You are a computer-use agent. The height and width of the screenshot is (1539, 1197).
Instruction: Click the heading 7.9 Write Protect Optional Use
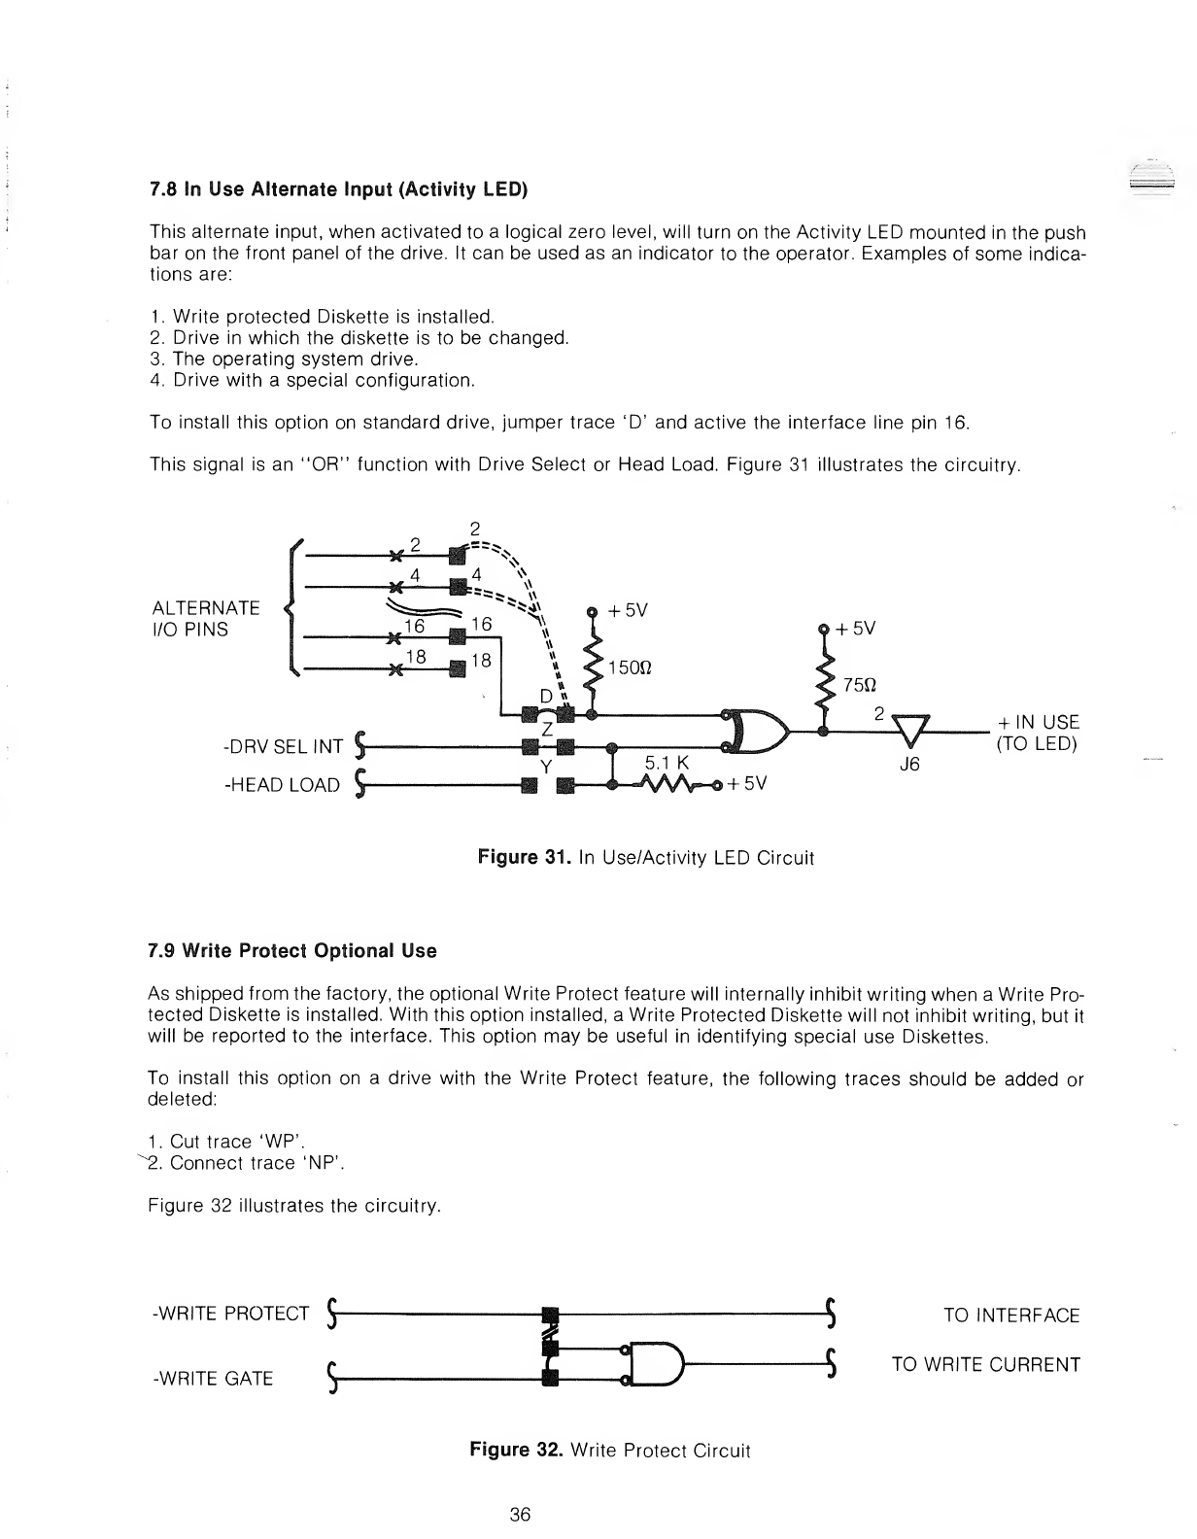coord(292,951)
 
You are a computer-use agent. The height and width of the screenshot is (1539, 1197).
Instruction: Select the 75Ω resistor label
coord(860,683)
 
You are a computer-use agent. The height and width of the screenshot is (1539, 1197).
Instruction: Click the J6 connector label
coord(909,764)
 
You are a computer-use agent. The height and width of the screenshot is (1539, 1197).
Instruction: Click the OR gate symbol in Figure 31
coord(758,732)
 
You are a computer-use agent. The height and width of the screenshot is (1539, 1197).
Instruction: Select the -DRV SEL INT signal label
coord(283,747)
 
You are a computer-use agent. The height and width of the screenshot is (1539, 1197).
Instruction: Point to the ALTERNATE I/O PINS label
coord(206,619)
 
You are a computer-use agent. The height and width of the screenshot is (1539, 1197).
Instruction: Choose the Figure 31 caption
coord(645,858)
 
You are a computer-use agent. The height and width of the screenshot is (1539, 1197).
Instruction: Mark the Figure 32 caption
coord(610,1451)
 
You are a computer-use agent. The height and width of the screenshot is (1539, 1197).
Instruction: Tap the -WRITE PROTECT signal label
coord(231,1315)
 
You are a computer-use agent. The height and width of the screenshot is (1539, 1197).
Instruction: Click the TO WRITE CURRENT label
coord(985,1364)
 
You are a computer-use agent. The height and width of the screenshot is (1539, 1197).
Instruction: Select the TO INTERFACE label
coord(1011,1316)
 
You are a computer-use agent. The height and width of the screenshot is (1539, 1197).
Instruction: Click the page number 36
coord(520,1515)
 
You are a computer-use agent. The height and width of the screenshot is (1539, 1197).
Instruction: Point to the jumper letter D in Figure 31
coord(546,697)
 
